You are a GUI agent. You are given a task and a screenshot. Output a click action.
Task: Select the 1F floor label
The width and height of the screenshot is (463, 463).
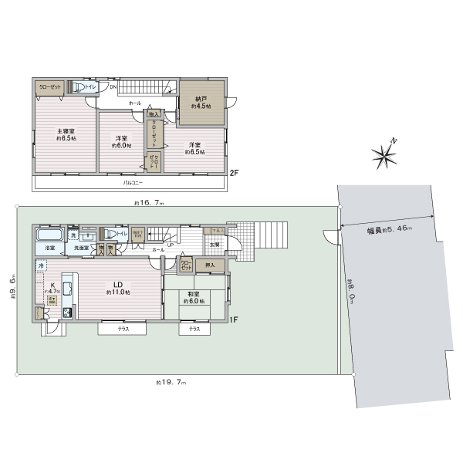tap(234, 319)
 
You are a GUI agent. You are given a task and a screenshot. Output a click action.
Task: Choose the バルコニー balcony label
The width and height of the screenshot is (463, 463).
tap(133, 184)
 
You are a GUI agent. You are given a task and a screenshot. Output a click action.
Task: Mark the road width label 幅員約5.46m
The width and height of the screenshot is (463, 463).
tap(389, 230)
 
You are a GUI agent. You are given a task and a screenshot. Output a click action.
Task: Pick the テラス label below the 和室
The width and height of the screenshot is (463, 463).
tap(194, 330)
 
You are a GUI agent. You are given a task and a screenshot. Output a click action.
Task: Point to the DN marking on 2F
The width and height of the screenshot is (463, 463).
tap(113, 86)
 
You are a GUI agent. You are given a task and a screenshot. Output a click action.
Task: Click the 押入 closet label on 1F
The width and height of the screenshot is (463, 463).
tap(209, 265)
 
